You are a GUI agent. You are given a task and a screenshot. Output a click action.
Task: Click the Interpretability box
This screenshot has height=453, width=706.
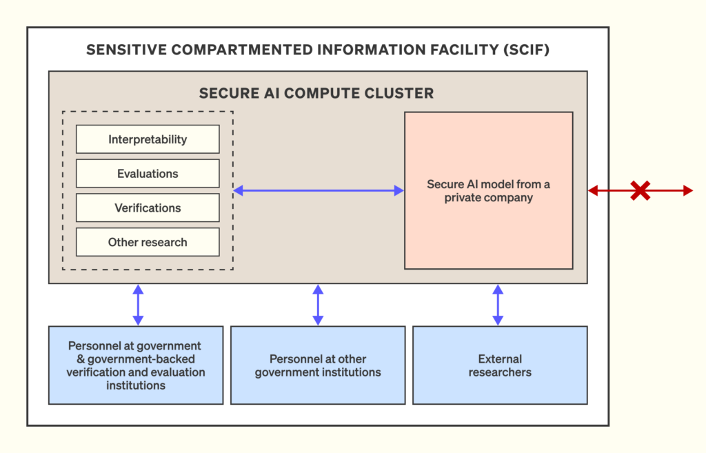tap(148, 139)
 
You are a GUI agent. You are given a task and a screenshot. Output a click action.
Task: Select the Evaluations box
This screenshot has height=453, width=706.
tap(148, 173)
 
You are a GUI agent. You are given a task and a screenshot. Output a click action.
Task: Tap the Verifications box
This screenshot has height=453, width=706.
tap(148, 208)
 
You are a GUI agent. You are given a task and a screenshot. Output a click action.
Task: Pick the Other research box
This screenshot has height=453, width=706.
tap(148, 242)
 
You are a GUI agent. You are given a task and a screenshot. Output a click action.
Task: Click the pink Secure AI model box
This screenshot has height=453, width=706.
tap(489, 190)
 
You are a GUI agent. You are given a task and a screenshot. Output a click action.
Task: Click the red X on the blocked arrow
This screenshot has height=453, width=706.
tap(641, 190)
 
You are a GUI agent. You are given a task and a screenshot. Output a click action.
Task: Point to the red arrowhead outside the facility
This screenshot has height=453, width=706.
tap(688, 190)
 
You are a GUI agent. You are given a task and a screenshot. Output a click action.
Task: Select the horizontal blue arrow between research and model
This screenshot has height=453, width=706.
tap(319, 190)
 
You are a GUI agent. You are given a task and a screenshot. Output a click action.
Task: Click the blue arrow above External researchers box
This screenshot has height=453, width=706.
tap(498, 305)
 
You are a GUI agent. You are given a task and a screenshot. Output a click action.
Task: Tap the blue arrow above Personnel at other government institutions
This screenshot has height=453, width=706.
tap(318, 305)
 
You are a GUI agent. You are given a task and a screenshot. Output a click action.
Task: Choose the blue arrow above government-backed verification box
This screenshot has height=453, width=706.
tap(138, 305)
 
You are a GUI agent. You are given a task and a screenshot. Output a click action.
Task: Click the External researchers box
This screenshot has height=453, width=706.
tap(500, 365)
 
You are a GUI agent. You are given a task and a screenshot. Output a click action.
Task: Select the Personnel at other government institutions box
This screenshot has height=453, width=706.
tap(318, 365)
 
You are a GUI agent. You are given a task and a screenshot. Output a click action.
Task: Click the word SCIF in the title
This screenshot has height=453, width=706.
tap(526, 50)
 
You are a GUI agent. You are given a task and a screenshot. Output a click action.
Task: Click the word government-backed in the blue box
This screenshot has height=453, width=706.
tap(141, 359)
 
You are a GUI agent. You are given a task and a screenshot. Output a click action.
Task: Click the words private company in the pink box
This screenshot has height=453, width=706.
tap(489, 198)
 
